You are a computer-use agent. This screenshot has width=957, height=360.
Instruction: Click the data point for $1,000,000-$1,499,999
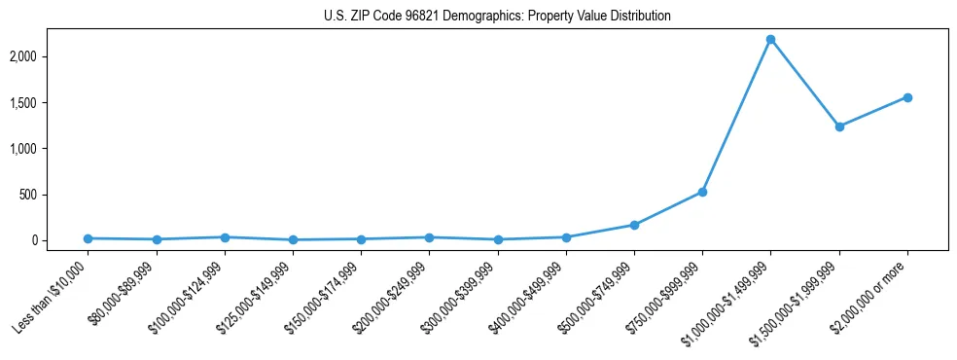pyautogui.click(x=770, y=40)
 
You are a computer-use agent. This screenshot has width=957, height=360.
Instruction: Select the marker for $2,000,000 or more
pyautogui.click(x=906, y=97)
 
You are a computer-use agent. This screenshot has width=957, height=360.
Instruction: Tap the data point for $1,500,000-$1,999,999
pyautogui.click(x=838, y=126)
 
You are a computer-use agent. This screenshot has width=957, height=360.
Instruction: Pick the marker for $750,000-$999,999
pyautogui.click(x=702, y=192)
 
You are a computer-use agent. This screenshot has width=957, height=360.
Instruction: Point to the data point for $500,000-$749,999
pyautogui.click(x=634, y=225)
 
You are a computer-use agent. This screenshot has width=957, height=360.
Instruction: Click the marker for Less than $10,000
pyautogui.click(x=89, y=238)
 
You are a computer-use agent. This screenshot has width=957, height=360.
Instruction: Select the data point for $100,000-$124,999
pyautogui.click(x=225, y=237)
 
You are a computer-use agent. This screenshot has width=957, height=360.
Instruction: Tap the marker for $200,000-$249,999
pyautogui.click(x=429, y=237)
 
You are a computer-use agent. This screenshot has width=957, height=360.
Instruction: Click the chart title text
pyautogui.click(x=497, y=17)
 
